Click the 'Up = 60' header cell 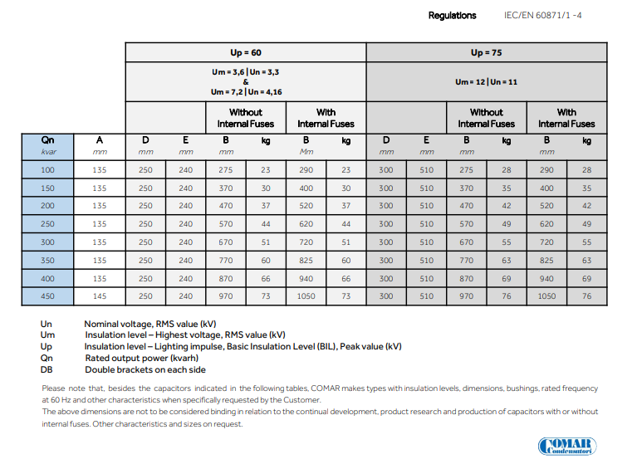click(x=246, y=52)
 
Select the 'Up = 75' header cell click(x=486, y=52)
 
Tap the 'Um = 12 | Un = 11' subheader click(x=486, y=82)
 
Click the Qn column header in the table click(x=48, y=140)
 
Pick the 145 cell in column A click(x=100, y=296)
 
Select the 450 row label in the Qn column click(x=48, y=296)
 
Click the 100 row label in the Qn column click(x=48, y=169)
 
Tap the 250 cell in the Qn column click(x=48, y=224)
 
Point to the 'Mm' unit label click(x=306, y=152)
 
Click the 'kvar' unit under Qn click(x=48, y=152)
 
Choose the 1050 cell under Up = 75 click(x=546, y=296)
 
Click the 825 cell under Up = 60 click(x=306, y=260)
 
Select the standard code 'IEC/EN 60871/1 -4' click(x=543, y=15)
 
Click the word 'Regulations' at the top click(x=453, y=15)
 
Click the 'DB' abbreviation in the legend click(x=47, y=369)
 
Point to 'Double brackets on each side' click(x=145, y=369)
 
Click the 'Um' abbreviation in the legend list click(x=47, y=334)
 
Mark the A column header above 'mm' click(x=100, y=140)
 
